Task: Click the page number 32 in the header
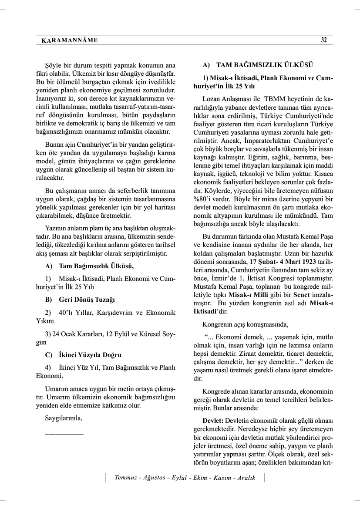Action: pos(323,40)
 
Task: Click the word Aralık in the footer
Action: pos(246,478)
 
